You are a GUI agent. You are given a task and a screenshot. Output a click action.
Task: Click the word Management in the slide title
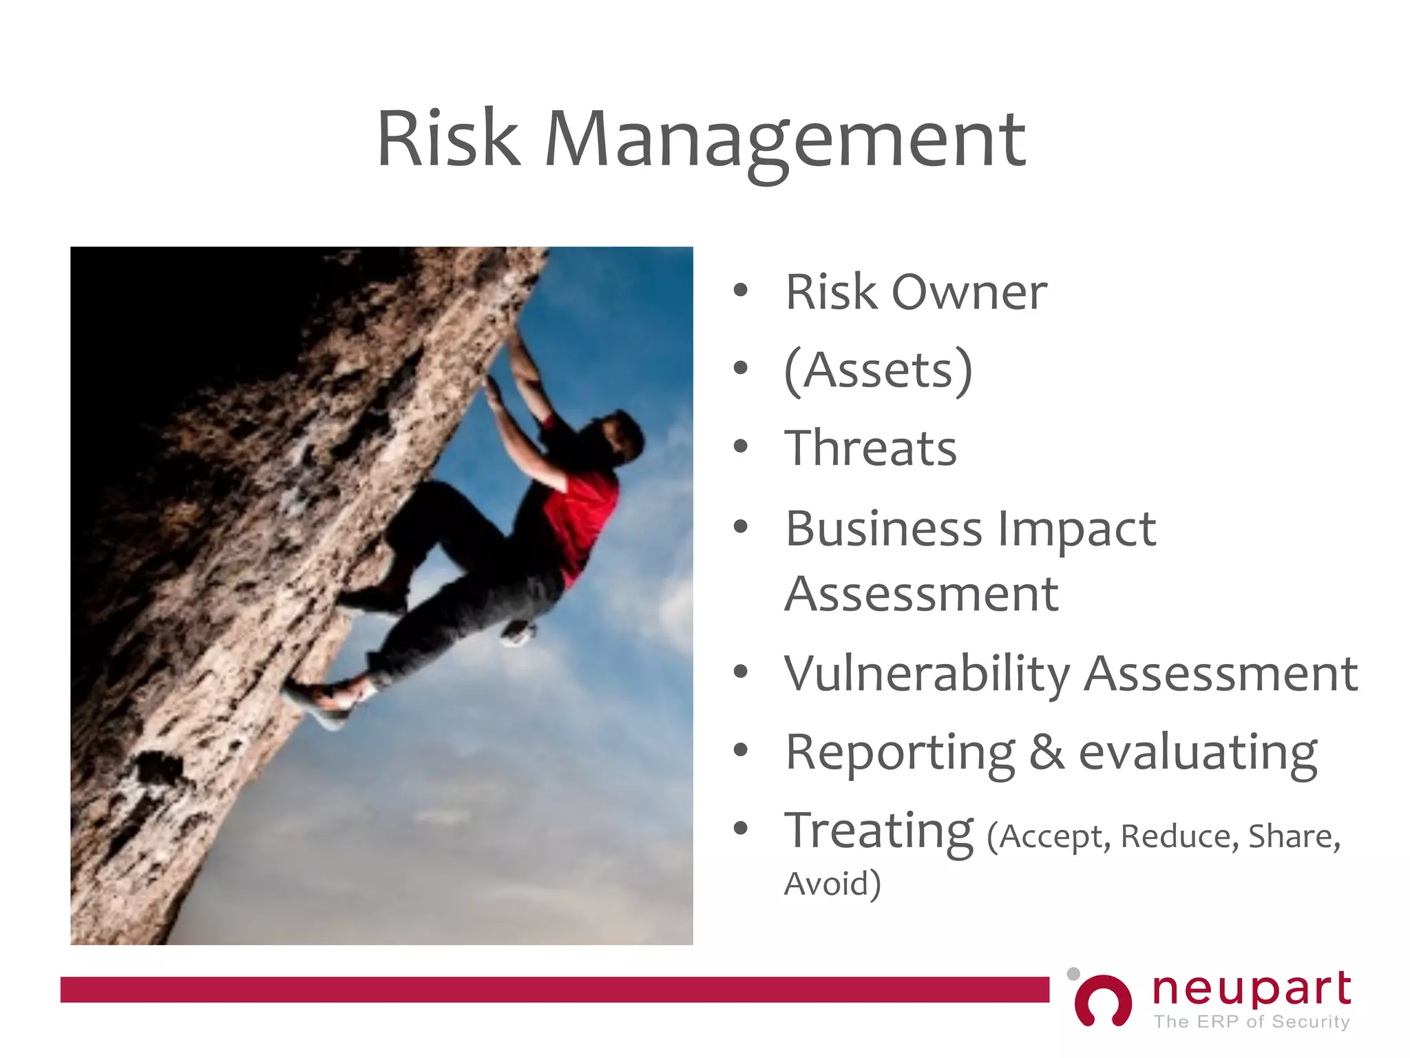(785, 141)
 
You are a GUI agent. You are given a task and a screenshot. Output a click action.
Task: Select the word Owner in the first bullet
(969, 293)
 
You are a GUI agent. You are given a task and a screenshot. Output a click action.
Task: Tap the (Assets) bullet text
(878, 371)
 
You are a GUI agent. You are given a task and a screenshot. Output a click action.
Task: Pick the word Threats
(870, 448)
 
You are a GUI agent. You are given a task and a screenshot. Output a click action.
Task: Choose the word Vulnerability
(927, 675)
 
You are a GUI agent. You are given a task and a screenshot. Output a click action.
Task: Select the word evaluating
(1198, 753)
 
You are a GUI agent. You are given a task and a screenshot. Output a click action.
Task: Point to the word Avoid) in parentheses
(832, 884)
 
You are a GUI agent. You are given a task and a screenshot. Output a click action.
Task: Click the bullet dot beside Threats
(740, 447)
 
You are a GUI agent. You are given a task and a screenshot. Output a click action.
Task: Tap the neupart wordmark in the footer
(1252, 990)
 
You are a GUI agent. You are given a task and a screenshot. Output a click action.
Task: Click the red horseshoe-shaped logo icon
(1103, 1001)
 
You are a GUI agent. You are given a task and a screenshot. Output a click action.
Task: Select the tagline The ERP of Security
(1252, 1021)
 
